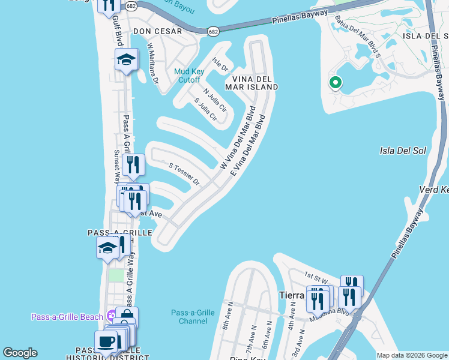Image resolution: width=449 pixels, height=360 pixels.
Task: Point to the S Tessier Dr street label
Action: coord(184,173)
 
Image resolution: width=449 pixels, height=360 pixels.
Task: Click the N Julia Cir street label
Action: coord(214,100)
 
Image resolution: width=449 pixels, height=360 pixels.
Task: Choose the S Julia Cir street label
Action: coord(205,112)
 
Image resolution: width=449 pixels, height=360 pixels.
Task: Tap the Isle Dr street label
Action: coord(221,64)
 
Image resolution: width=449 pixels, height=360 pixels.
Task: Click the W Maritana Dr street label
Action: coord(152,62)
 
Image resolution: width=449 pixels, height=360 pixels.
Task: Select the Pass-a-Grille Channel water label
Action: coord(193,317)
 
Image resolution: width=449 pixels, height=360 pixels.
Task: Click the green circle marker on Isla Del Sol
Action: coord(335,83)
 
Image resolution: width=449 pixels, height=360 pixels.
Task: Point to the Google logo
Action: coord(20,353)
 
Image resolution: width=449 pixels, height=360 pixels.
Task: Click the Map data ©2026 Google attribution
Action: coord(412,355)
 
